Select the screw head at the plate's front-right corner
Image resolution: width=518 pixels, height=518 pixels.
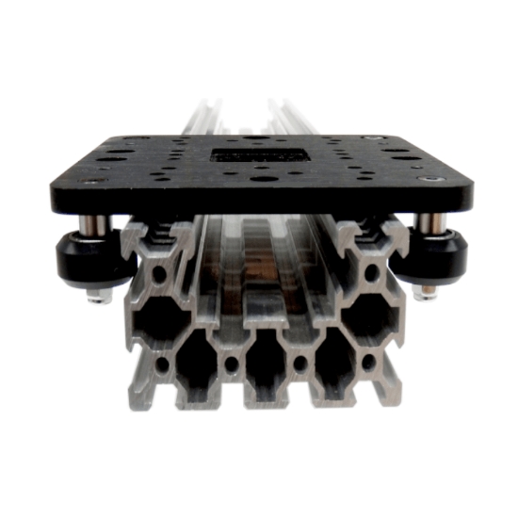pyautogui.click(x=430, y=178)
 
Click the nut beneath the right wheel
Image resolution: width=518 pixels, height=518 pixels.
pyautogui.click(x=423, y=293)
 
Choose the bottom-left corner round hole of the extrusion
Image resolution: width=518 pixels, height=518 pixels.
pyautogui.click(x=162, y=362)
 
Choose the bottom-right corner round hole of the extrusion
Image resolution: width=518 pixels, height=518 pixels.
pyautogui.click(x=368, y=362)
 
